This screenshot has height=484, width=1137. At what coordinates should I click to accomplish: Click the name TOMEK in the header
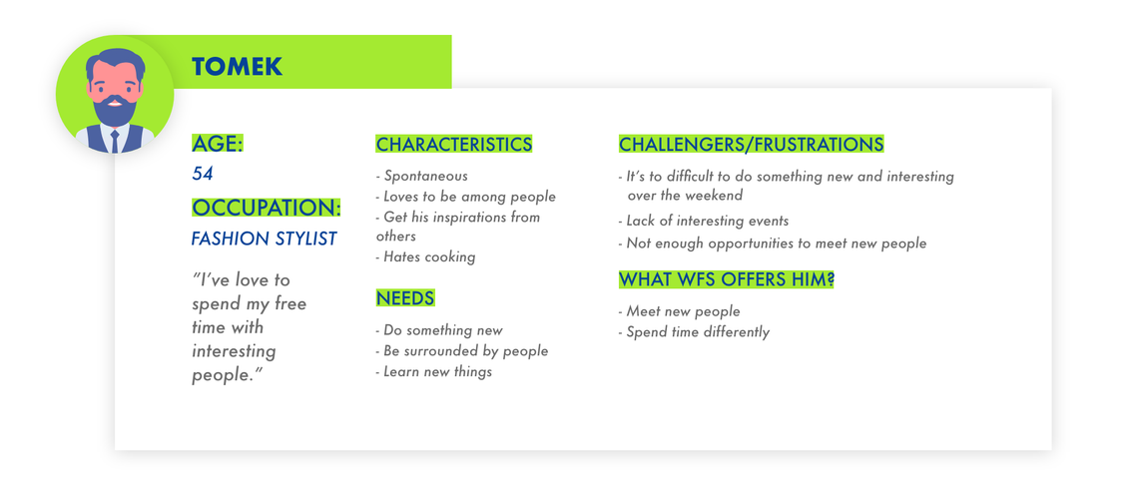pos(238,68)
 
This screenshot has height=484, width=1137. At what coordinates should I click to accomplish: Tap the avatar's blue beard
pos(115,110)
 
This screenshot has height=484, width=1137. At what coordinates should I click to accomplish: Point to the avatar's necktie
pos(115,142)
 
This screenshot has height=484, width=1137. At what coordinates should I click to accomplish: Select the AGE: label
pos(218,144)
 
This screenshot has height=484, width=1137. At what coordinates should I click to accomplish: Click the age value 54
pos(203,174)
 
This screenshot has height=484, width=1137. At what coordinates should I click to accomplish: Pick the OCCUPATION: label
pos(267,208)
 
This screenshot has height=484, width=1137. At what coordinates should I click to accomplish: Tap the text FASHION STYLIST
pos(264,239)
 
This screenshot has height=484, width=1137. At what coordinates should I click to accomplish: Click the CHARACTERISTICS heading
pos(454,144)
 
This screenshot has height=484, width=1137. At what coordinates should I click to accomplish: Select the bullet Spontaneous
pos(422,176)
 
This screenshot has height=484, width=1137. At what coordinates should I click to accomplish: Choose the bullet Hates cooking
pos(425,256)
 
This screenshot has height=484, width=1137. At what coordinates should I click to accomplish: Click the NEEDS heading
pos(405,297)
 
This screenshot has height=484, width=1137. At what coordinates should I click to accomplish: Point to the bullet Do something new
pos(439,330)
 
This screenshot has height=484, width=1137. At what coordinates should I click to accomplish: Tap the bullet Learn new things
pos(433,371)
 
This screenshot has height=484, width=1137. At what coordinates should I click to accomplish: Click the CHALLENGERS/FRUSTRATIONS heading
pos(752,144)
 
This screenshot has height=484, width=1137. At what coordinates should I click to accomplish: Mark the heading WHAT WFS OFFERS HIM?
pos(726,279)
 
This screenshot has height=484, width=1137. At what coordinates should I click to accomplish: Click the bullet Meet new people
pos(680,311)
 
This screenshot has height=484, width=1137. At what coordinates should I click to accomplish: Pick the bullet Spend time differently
pos(694,332)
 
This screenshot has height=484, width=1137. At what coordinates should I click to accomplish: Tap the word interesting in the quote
pos(234,352)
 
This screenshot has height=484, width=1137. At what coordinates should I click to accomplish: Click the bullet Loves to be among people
pos(465,197)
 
